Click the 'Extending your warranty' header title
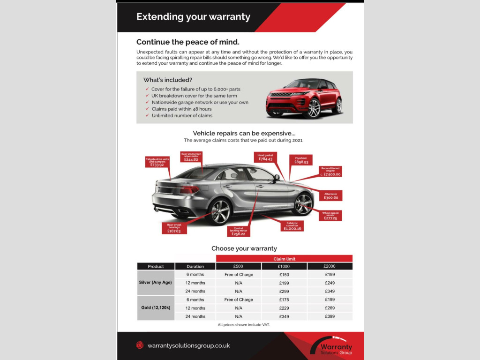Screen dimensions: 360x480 tap(193, 17)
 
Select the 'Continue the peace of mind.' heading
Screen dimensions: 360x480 tap(187, 42)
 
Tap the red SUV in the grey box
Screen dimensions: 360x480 tap(304, 98)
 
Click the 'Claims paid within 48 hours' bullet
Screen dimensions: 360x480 tap(181, 109)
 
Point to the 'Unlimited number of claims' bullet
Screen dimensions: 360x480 tap(182, 115)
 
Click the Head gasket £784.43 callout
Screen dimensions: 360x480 tap(266, 157)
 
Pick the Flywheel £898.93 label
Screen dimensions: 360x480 tap(301, 160)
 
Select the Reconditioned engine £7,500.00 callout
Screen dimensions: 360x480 tap(330, 172)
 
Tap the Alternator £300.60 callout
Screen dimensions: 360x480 tap(330, 195)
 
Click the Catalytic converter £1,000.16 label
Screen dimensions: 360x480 tap(292, 226)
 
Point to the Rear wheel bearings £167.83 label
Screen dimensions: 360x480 tap(174, 228)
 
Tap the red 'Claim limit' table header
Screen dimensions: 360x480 tap(284, 259)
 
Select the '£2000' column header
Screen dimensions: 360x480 tap(330, 266)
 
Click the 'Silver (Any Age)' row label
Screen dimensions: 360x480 tap(156, 283)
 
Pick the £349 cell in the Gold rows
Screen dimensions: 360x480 tap(284, 316)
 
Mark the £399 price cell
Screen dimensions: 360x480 tap(330, 316)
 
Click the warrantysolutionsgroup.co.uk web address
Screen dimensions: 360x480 tap(188, 345)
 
